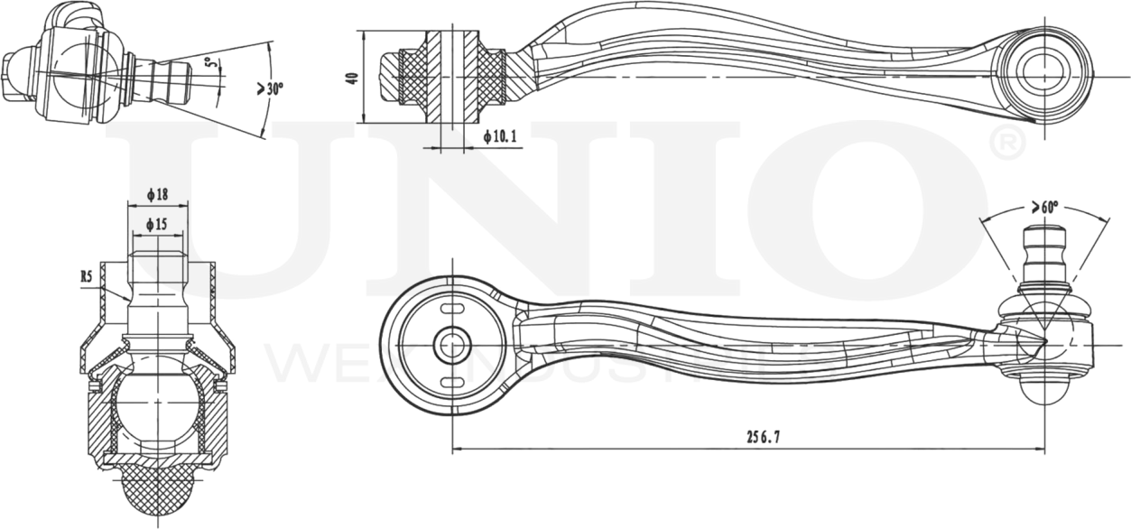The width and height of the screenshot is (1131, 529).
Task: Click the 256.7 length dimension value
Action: (764, 437)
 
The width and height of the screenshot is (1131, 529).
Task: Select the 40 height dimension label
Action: (353, 77)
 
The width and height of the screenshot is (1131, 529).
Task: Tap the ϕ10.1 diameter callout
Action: (500, 136)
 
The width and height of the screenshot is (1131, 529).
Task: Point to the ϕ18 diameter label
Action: (157, 195)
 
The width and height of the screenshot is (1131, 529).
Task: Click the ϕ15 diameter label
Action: (157, 223)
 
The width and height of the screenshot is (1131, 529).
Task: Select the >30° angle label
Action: (270, 88)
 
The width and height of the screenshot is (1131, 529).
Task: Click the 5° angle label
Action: (209, 65)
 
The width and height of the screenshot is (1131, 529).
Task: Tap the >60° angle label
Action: (1044, 207)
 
